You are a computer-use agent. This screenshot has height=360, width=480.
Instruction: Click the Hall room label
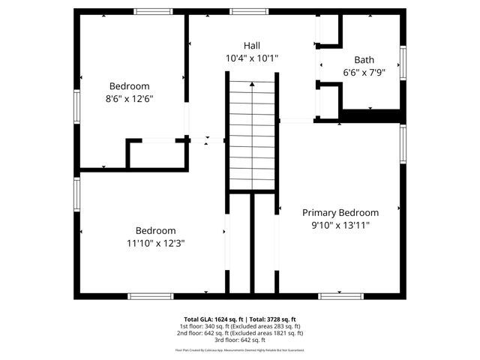point(252,46)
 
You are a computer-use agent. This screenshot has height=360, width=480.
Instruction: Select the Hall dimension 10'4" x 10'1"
point(252,58)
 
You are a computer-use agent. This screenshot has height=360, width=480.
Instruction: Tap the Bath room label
point(364,60)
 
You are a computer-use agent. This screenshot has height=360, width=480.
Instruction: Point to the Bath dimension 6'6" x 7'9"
point(364,73)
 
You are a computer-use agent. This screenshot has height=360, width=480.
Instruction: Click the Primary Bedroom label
point(340,212)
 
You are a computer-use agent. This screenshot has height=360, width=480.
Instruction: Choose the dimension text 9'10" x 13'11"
point(340,225)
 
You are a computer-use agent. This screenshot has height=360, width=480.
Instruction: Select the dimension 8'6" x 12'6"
point(130,98)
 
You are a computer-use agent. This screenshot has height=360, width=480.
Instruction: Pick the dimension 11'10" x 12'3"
point(155,243)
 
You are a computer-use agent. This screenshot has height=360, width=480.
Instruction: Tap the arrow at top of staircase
point(252,85)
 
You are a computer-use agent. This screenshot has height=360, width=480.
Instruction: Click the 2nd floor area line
point(240,333)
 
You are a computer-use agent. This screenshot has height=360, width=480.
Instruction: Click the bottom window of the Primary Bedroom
point(341,296)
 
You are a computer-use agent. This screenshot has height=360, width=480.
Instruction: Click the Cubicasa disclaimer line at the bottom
point(240,350)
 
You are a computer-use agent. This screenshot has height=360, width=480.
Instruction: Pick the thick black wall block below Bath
point(371,115)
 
